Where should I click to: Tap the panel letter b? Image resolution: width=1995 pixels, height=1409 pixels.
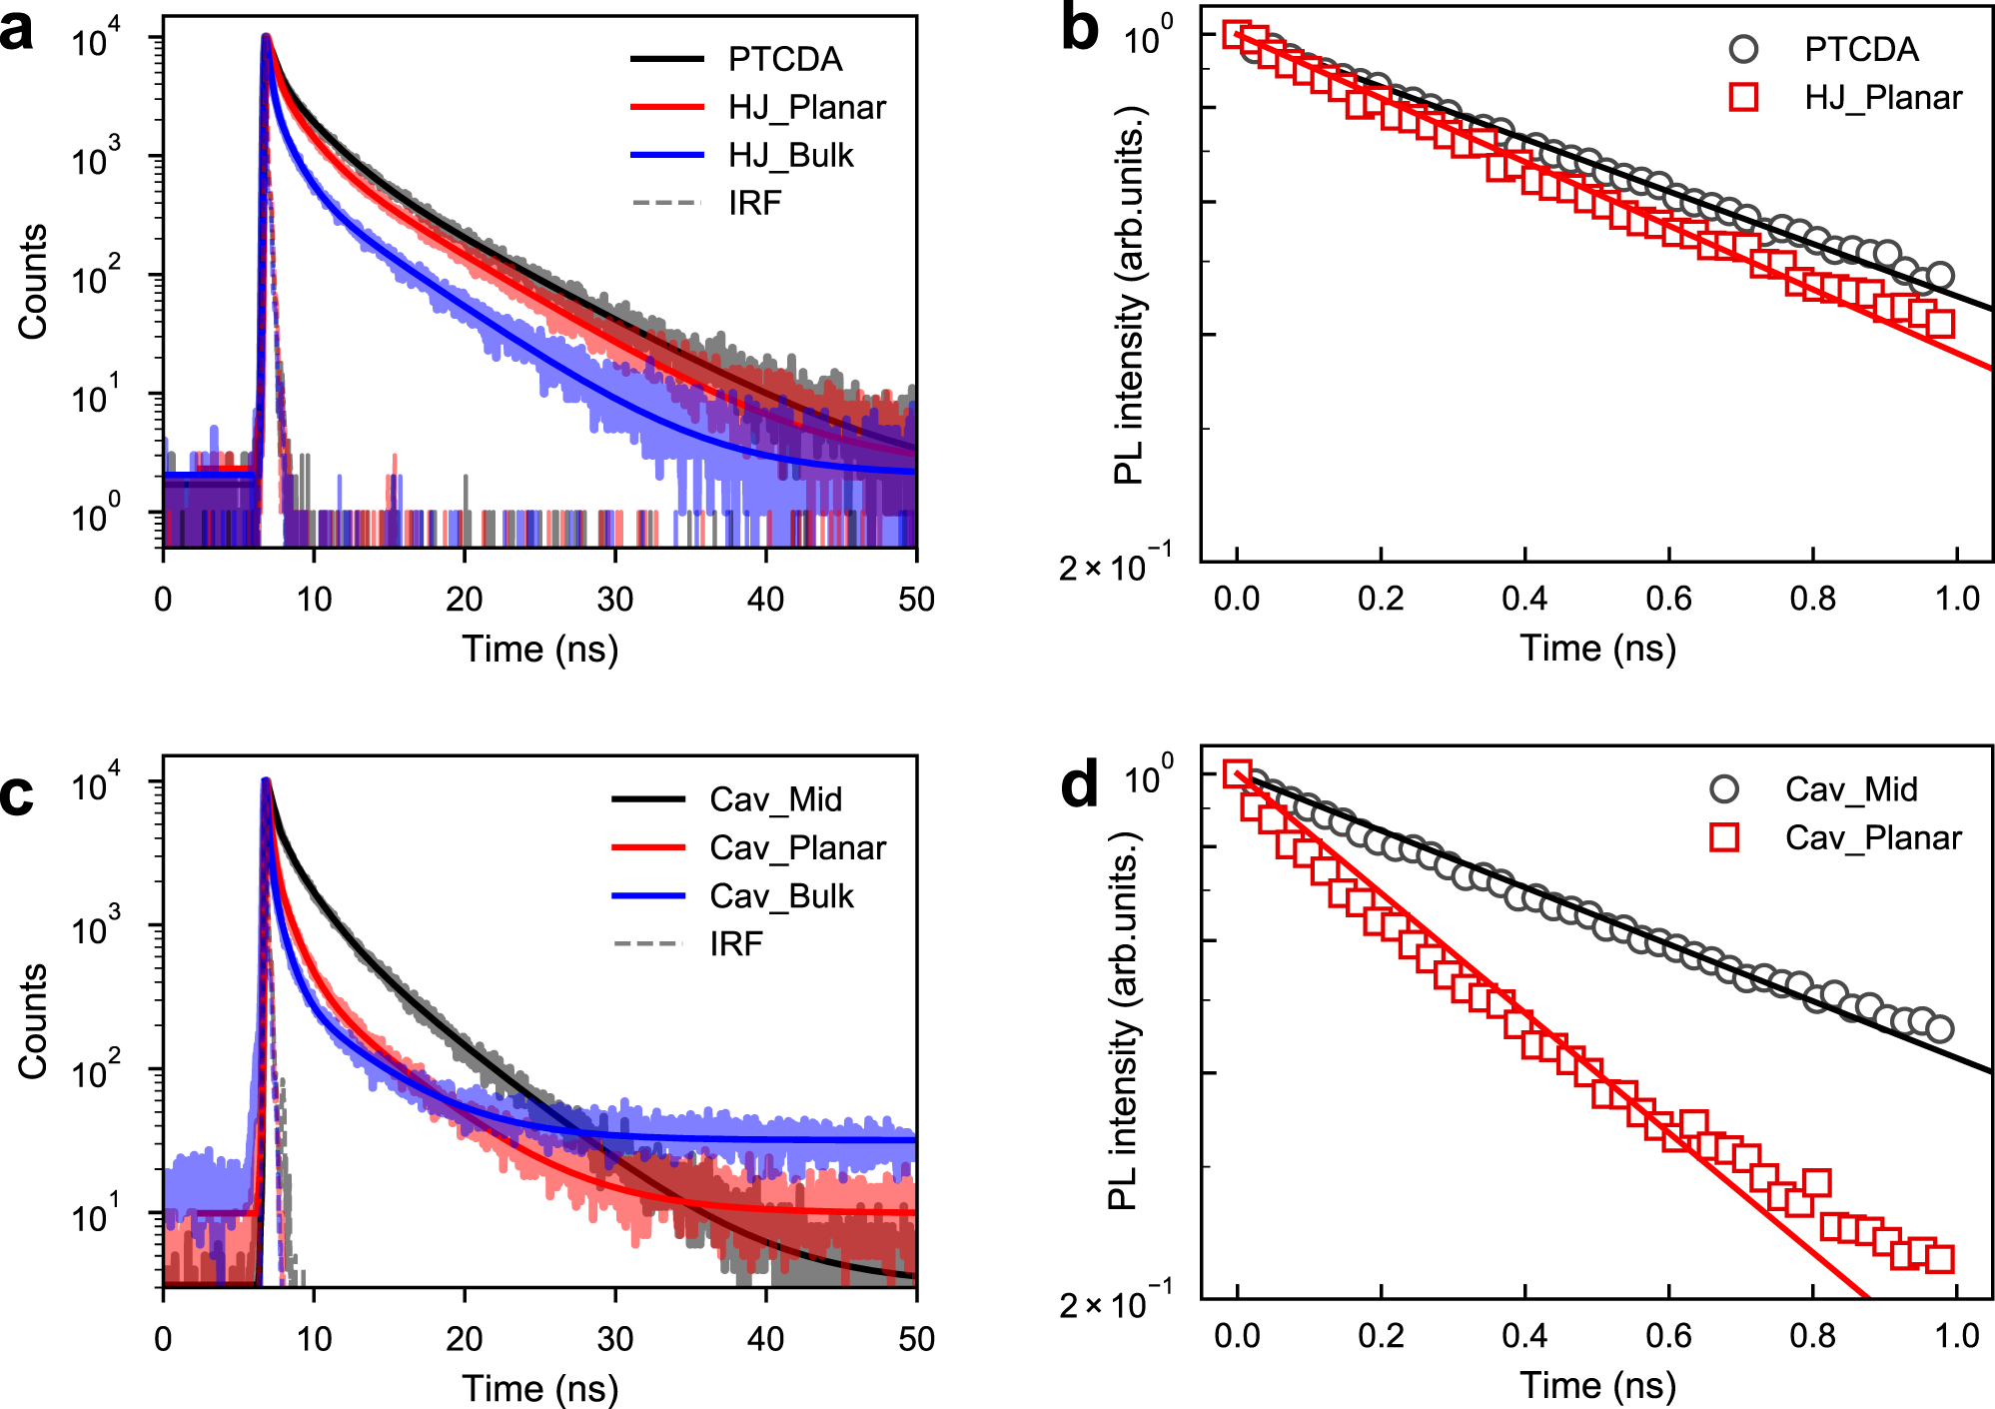1079,30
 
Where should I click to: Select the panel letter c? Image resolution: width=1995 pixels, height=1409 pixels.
17,795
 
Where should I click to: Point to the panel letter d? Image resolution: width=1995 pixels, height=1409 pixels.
1079,785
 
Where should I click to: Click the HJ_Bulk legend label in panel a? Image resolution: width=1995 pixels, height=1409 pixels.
790,156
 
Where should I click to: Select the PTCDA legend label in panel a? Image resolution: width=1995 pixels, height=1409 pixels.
785,60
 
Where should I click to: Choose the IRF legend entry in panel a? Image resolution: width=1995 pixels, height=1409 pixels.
754,204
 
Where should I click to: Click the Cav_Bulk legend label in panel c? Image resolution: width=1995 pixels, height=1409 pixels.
781,896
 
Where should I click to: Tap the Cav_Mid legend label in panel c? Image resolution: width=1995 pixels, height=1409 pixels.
775,800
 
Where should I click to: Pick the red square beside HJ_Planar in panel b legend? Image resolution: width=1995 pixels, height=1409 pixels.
1743,98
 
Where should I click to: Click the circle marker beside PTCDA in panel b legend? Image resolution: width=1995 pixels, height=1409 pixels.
1743,49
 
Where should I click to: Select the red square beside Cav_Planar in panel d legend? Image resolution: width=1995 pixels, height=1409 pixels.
1724,837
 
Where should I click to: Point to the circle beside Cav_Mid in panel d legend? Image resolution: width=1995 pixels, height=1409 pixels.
1724,789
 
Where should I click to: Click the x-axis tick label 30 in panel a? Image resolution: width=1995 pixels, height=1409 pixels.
615,600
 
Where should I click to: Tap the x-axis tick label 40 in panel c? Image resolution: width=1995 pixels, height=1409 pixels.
766,1339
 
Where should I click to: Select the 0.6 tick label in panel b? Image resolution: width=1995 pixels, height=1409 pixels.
1668,600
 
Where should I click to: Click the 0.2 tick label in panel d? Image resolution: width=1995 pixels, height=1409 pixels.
1381,1337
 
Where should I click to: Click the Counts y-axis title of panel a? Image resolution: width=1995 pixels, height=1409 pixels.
33,282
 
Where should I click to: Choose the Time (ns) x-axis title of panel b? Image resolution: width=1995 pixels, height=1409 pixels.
1597,650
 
